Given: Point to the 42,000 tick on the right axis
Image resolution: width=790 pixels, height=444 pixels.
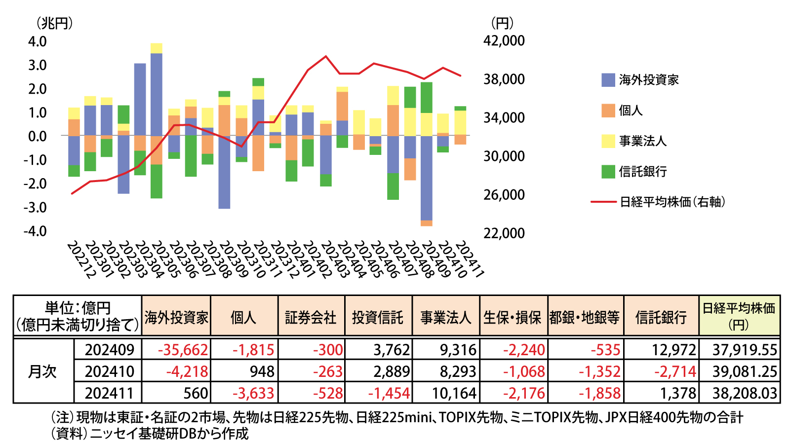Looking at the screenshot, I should click(x=504, y=41).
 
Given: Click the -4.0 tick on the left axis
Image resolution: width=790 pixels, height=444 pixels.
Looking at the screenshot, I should click(x=35, y=231).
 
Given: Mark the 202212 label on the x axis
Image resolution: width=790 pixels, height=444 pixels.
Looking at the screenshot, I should click(x=80, y=259).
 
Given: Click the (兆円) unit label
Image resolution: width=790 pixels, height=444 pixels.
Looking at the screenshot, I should click(x=54, y=23).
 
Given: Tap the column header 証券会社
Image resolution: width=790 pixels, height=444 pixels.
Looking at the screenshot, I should click(x=311, y=317).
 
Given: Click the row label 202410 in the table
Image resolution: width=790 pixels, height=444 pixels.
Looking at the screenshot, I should click(x=109, y=371).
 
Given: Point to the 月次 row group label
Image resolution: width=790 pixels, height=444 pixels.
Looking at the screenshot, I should click(x=43, y=371).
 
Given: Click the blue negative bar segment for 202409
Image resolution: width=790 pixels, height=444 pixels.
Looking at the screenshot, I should click(x=427, y=178).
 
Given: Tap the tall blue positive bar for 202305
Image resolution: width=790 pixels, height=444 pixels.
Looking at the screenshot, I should click(x=157, y=94).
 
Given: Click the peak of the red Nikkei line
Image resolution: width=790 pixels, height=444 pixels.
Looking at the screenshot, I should click(x=326, y=56).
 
